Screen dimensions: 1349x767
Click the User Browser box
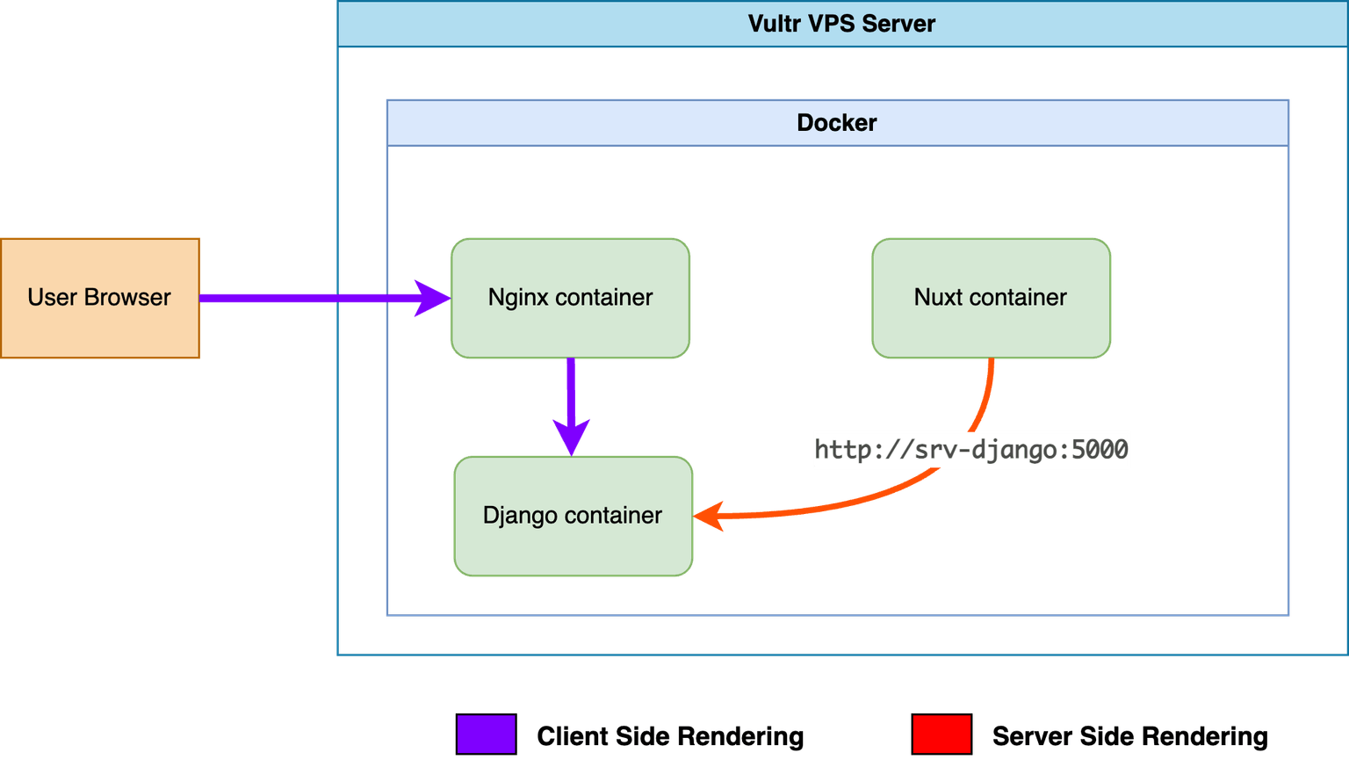pyautogui.click(x=100, y=298)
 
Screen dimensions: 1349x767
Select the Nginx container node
pyautogui.click(x=570, y=298)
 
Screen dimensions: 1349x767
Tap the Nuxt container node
pyautogui.click(x=992, y=298)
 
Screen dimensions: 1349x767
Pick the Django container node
pyautogui.click(x=574, y=517)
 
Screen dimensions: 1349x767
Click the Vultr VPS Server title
pyautogui.click(x=841, y=24)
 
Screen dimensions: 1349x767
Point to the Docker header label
pyautogui.click(x=836, y=122)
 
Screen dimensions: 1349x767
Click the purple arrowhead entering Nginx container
pyautogui.click(x=432, y=298)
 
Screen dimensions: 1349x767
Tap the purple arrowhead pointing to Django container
pyautogui.click(x=572, y=438)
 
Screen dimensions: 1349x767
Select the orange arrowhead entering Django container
pyautogui.click(x=709, y=517)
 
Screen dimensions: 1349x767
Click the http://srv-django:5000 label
pyautogui.click(x=971, y=450)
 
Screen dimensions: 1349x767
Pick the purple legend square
pyautogui.click(x=486, y=734)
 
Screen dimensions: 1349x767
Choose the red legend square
pyautogui.click(x=941, y=734)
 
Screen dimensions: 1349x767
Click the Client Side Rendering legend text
pyautogui.click(x=670, y=736)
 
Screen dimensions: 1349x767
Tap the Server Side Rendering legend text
pyautogui.click(x=1129, y=736)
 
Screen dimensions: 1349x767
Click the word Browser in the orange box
pyautogui.click(x=127, y=298)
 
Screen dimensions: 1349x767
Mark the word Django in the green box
pyautogui.click(x=520, y=517)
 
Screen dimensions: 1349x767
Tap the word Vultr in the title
pyautogui.click(x=775, y=24)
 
